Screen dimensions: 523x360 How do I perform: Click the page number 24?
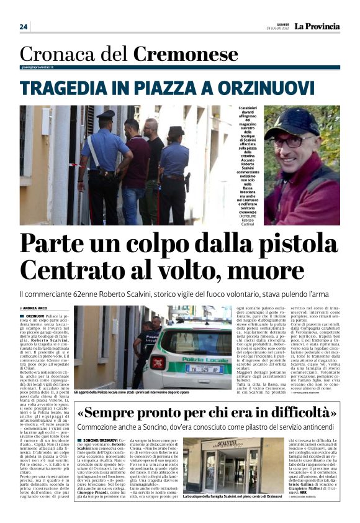point(24,27)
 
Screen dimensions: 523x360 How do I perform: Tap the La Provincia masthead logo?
point(317,26)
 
